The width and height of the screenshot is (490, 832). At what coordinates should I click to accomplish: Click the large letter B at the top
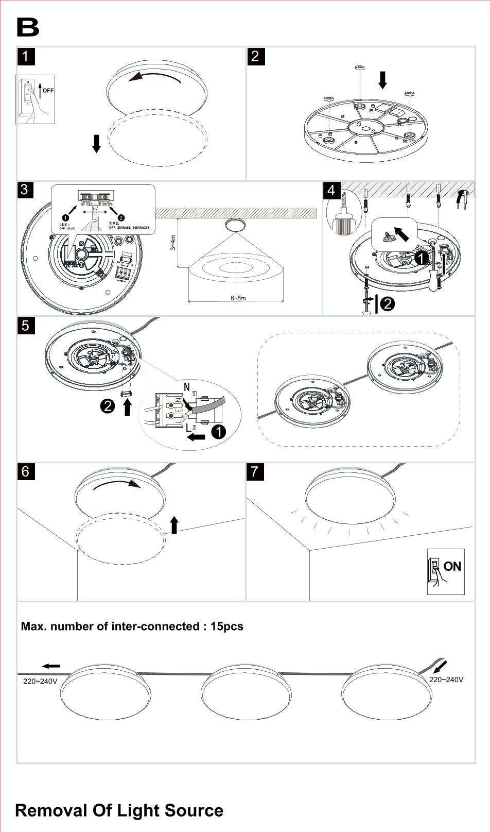tap(28, 28)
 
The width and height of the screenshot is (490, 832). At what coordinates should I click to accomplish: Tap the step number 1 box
tap(26, 56)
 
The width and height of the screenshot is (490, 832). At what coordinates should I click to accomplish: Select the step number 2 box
tap(256, 56)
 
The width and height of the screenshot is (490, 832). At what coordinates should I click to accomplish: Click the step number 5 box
tap(26, 326)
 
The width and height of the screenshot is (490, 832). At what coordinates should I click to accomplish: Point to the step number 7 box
tap(255, 471)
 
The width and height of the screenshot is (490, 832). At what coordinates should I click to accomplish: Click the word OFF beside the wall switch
tap(48, 90)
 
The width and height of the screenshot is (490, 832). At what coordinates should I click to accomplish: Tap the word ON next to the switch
tap(452, 566)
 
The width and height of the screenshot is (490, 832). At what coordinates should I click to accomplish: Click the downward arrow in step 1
tap(96, 143)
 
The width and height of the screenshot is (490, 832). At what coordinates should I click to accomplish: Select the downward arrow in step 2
tap(382, 80)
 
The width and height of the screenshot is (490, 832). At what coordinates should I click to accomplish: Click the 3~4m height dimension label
tap(173, 242)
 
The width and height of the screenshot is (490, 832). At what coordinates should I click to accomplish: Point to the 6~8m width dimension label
tap(238, 298)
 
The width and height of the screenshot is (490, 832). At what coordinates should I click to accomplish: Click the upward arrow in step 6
tap(174, 525)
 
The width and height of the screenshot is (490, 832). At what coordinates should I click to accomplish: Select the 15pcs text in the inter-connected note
tap(226, 626)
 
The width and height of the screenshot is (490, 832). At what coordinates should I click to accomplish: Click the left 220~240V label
tap(40, 681)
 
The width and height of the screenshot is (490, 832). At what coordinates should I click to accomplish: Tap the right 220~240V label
tap(446, 680)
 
